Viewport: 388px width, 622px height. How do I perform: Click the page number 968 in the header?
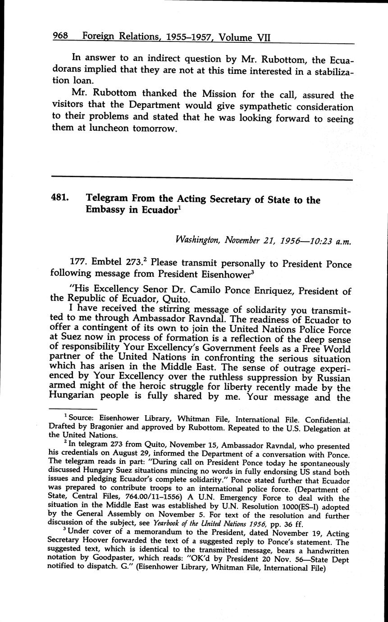click(60, 36)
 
